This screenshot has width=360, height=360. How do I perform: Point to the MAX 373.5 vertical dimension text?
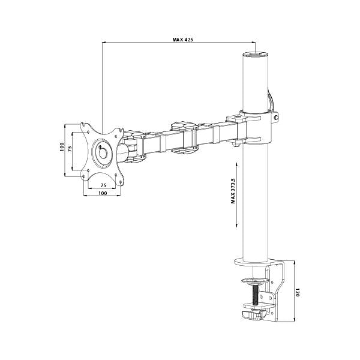(232, 191)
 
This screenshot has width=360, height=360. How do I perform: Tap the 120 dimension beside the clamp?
(296, 293)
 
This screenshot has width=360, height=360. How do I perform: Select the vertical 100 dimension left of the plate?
(62, 148)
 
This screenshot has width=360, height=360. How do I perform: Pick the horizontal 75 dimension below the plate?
(103, 185)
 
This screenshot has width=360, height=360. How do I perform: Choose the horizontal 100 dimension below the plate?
(103, 193)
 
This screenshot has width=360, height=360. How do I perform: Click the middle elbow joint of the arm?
(183, 137)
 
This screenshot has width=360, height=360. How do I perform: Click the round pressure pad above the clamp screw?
(257, 280)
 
